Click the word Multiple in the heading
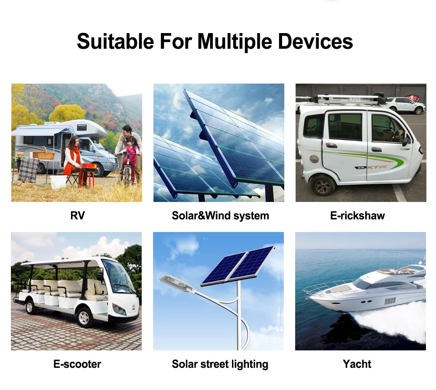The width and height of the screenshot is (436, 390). click(235, 42)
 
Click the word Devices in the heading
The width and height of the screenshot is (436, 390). click(316, 41)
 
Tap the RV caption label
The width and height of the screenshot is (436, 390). click(78, 215)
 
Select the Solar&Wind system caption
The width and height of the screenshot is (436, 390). click(221, 216)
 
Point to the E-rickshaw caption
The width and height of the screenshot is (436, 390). click(358, 215)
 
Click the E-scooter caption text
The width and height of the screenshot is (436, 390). click(77, 364)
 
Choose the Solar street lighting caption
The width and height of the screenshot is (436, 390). click(220, 364)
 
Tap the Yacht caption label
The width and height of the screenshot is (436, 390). click(357, 364)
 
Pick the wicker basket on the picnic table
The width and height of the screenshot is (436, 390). click(44, 154)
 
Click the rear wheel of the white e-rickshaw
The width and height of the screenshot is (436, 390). click(323, 185)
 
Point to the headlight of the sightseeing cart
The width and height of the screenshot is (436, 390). click(119, 309)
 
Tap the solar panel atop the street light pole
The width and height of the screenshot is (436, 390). click(238, 266)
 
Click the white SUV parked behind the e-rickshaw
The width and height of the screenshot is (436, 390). click(405, 105)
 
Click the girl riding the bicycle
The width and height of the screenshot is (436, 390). click(131, 155)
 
